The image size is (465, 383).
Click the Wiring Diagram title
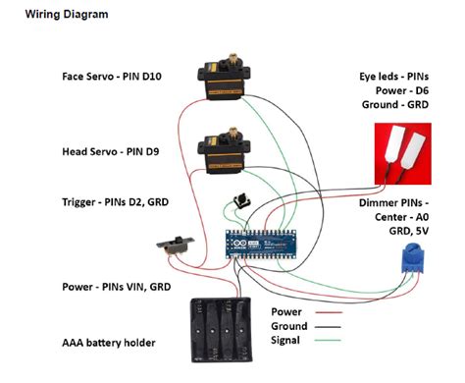[x=67, y=15]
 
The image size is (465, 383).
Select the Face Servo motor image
[x=224, y=78]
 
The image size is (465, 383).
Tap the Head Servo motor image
[x=224, y=150]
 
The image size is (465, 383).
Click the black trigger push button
[x=242, y=201]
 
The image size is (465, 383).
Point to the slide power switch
[x=176, y=246]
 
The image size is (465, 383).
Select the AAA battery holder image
[x=222, y=330]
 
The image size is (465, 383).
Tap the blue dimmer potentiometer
[x=413, y=258]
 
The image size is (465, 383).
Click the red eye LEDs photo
[x=403, y=154]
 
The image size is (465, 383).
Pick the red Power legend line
[x=329, y=312]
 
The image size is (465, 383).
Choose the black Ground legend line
[x=328, y=327]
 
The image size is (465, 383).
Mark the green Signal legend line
[x=328, y=341]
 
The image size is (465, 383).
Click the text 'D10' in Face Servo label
[x=151, y=77]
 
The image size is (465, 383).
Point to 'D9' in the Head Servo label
[x=152, y=152]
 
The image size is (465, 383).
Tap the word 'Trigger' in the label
[x=78, y=202]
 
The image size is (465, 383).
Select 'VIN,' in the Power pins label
[x=134, y=287]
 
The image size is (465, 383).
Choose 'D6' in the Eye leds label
[x=421, y=90]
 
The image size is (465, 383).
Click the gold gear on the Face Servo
[x=233, y=59]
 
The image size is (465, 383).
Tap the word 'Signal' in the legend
[x=285, y=341]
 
